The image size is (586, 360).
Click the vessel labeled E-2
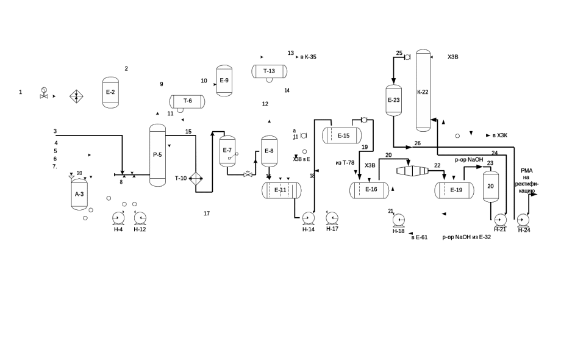(x=110, y=92)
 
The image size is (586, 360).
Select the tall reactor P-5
(x=157, y=155)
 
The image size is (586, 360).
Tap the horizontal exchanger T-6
(x=187, y=101)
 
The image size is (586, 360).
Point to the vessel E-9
(x=224, y=81)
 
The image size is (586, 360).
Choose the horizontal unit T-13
(x=269, y=71)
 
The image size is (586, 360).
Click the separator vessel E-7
(x=227, y=151)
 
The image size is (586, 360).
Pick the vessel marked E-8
(x=269, y=151)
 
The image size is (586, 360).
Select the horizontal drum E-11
(x=281, y=190)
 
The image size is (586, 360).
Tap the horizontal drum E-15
(x=341, y=135)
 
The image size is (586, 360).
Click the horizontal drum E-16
(x=369, y=190)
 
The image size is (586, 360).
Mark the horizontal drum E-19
(x=454, y=190)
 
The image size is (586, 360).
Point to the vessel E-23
(x=393, y=100)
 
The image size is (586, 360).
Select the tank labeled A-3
(x=79, y=194)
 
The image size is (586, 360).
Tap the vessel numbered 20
(x=491, y=186)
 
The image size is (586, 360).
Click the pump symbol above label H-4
(x=118, y=218)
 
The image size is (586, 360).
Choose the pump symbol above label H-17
(x=332, y=218)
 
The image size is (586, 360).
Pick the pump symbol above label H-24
(x=523, y=220)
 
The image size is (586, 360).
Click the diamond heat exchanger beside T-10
(x=196, y=178)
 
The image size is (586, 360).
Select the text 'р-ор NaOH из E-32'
(x=466, y=237)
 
